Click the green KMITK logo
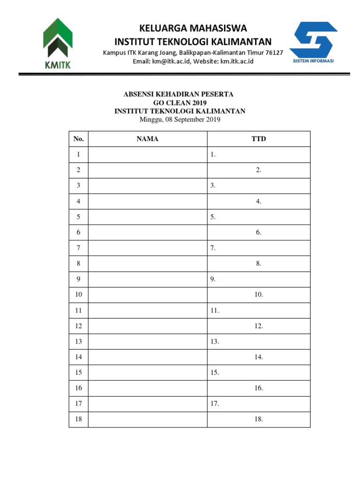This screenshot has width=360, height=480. (58, 44)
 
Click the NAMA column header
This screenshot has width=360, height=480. (147, 139)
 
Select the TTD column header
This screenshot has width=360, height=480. (258, 139)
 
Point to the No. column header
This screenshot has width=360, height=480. (78, 139)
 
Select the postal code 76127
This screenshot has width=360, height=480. (274, 52)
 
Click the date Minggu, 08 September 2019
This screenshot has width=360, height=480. (180, 120)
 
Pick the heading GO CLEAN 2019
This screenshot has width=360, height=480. (180, 103)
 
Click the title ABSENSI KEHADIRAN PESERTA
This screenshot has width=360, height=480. (179, 94)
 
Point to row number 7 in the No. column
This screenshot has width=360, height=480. (78, 248)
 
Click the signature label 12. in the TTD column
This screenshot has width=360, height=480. (259, 326)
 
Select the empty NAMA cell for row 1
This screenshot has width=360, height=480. (147, 155)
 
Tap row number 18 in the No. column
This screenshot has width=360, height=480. (78, 419)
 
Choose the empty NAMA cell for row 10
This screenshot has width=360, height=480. (147, 295)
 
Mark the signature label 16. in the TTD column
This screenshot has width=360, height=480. (259, 388)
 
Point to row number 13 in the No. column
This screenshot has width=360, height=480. (78, 341)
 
